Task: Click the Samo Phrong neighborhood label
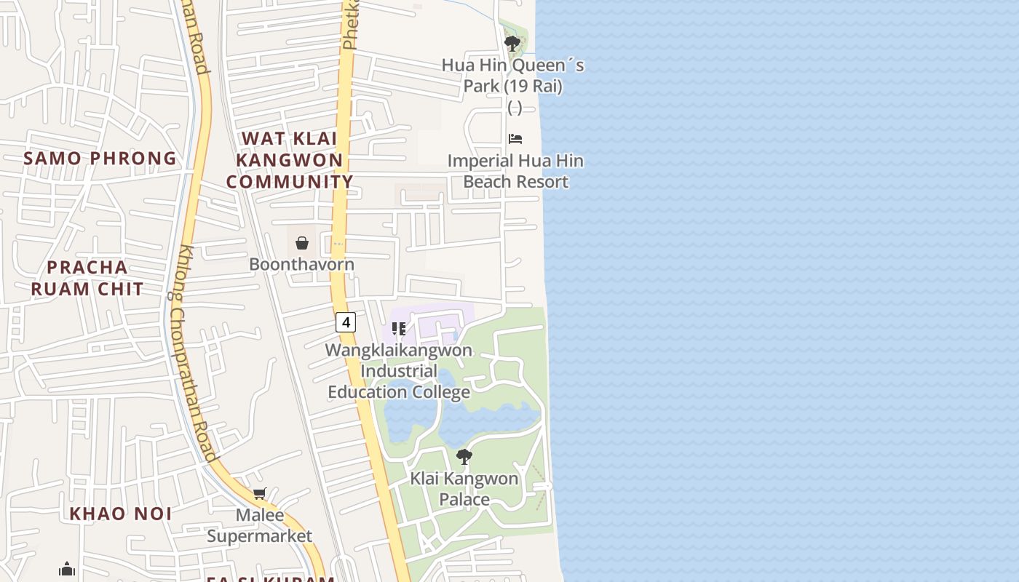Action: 100,158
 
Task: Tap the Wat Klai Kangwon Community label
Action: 290,160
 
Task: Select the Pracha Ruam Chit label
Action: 87,278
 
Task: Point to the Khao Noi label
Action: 121,514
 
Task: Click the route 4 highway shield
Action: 346,322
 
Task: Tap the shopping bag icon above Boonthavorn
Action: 302,243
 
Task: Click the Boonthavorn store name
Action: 301,264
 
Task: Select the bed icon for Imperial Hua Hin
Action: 515,139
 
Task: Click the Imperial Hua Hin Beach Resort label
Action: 515,171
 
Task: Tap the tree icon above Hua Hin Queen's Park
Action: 512,43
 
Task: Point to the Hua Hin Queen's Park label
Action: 513,76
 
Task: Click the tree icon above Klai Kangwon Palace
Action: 464,457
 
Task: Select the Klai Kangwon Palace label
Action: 464,489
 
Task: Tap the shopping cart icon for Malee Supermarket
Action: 259,494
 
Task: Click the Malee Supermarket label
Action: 260,526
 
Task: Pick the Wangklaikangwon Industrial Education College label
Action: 398,371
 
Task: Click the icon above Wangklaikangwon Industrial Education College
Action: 398,329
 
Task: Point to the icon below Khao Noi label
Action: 67,568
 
